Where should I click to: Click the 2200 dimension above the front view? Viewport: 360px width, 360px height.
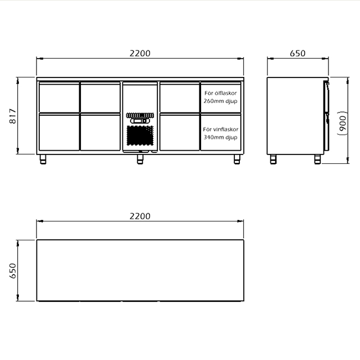140,53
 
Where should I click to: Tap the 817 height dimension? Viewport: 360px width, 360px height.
13,116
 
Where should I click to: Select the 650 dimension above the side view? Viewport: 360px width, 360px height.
297,53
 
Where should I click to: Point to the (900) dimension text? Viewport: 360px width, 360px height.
342,123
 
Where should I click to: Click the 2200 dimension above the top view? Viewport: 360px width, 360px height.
140,216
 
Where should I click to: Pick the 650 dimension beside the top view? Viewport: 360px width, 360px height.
13,271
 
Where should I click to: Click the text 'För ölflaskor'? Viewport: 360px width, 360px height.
220,93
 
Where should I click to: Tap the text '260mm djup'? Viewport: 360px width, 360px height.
220,101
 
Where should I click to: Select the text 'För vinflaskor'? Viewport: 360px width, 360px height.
220,129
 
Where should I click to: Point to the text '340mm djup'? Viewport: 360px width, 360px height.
220,137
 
